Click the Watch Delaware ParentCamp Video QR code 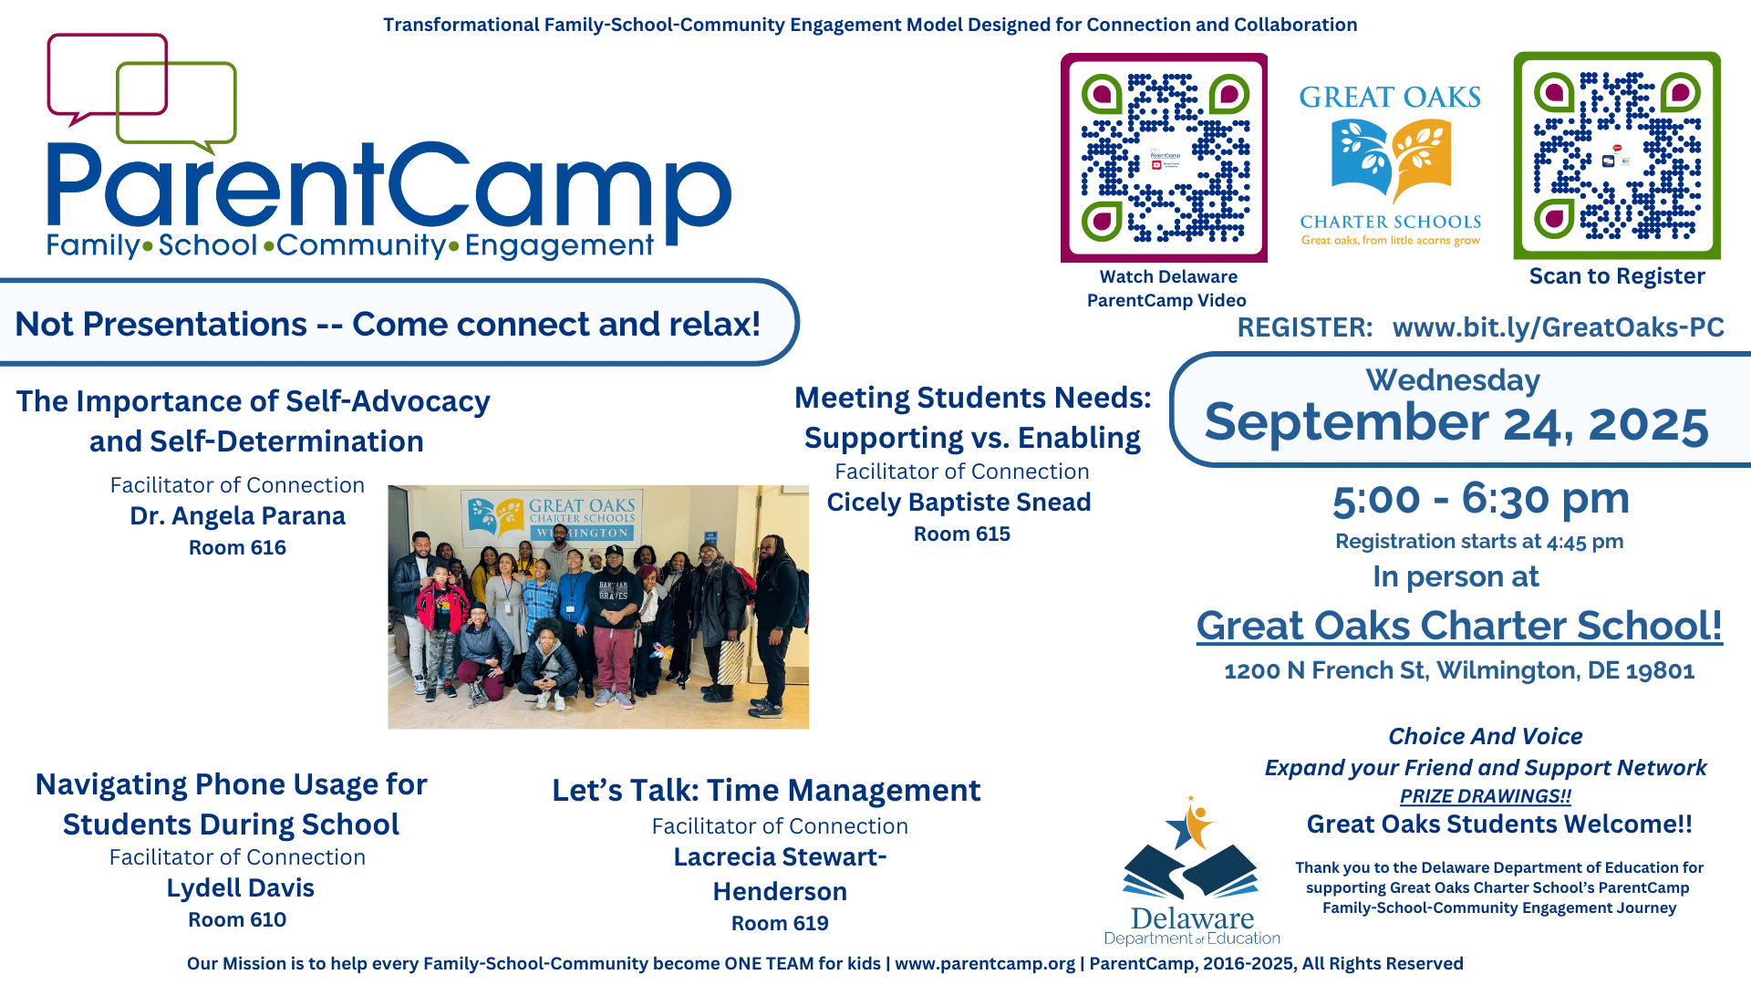(1164, 158)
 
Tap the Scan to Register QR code (1617, 156)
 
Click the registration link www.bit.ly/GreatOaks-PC (1558, 327)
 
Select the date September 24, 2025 (1456, 423)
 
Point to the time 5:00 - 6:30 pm (1481, 498)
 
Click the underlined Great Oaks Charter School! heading (1459, 626)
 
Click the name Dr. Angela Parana (237, 516)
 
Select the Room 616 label (237, 547)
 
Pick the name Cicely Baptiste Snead (958, 503)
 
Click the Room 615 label (962, 534)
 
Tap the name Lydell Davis (240, 888)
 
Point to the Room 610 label (237, 919)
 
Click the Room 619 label (780, 923)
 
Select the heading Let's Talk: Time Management (766, 790)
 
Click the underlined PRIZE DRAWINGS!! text (1486, 796)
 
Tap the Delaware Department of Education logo (1192, 871)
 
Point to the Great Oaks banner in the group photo (553, 517)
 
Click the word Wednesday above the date (1453, 379)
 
